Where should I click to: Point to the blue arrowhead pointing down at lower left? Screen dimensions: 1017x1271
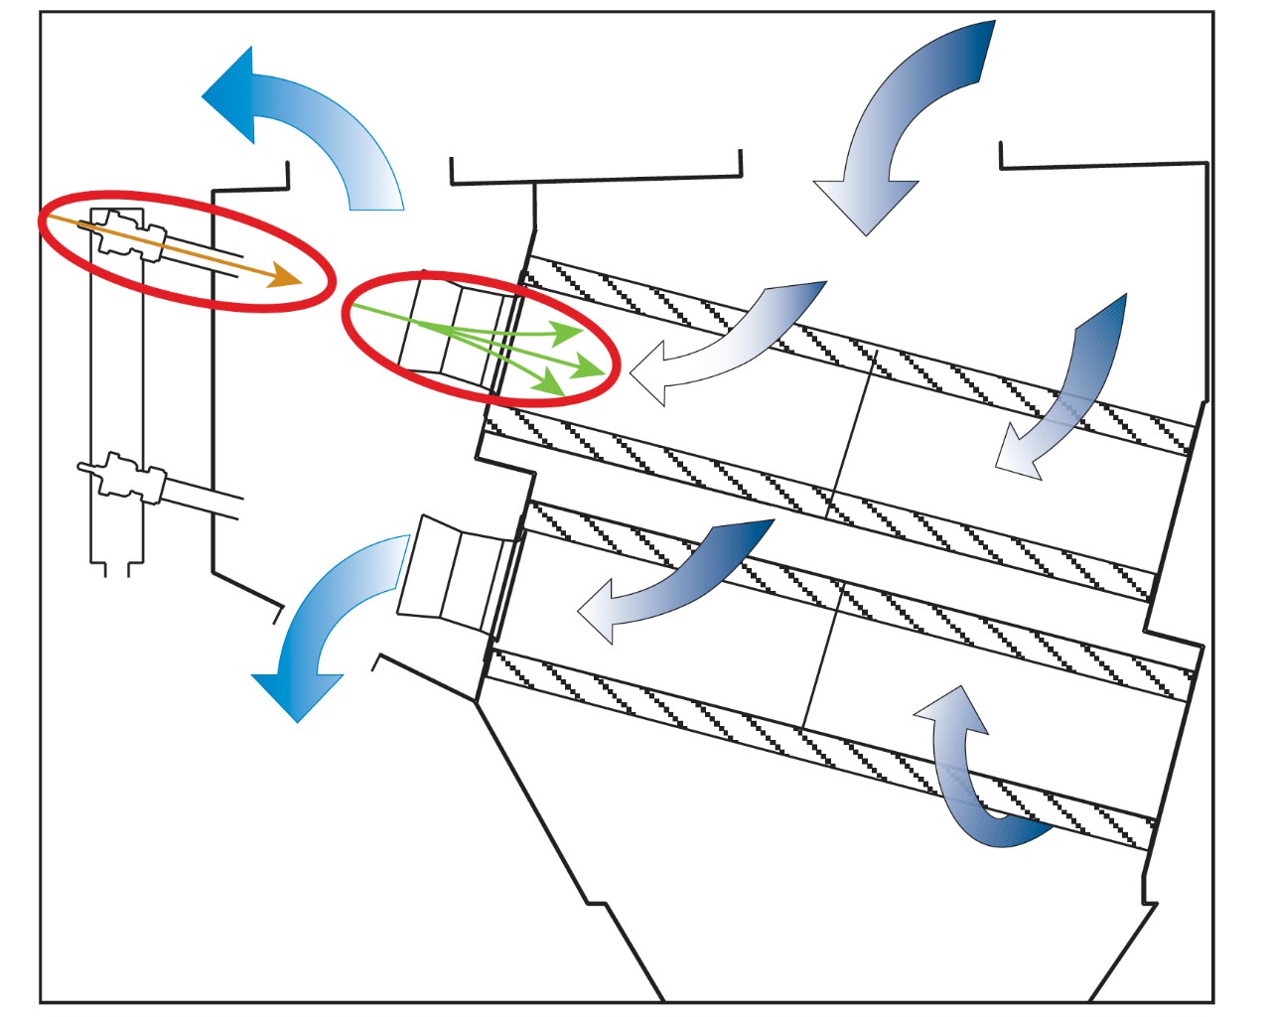(x=297, y=695)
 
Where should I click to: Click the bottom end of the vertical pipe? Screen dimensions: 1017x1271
(x=117, y=566)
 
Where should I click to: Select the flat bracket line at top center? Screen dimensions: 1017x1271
(x=596, y=180)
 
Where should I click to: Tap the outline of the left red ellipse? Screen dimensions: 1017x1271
(x=185, y=193)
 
